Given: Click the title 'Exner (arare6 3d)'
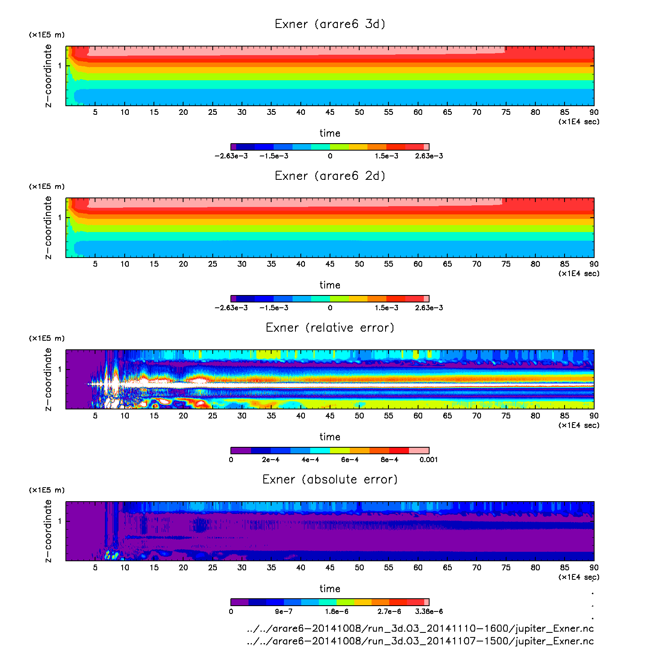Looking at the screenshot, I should [330, 24].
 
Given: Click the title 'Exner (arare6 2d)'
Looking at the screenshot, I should [330, 176].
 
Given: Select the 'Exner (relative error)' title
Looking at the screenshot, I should [330, 328].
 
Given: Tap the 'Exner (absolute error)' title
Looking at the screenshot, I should [330, 479].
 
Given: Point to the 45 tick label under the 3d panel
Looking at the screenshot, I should [330, 112].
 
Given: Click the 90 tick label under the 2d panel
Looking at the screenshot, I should [593, 264].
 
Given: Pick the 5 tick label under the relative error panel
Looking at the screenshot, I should [95, 416].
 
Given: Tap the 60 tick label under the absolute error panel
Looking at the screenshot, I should [418, 567].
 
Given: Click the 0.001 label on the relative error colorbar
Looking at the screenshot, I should [428, 460].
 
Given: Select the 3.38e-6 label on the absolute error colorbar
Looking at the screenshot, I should [429, 611].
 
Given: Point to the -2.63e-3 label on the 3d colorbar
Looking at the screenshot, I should [231, 156].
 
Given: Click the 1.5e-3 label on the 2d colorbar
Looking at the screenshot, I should [386, 308].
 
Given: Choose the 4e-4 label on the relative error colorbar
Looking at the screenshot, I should [310, 460].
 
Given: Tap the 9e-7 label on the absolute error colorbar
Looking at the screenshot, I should [284, 611].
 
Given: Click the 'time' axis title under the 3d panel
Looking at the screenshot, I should [330, 133].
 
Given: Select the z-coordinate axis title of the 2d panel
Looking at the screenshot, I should [48, 228].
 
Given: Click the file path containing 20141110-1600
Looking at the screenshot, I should [420, 629].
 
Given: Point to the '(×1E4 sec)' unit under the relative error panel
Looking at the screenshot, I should [579, 425].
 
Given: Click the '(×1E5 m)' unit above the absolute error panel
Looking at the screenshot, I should [46, 490].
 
